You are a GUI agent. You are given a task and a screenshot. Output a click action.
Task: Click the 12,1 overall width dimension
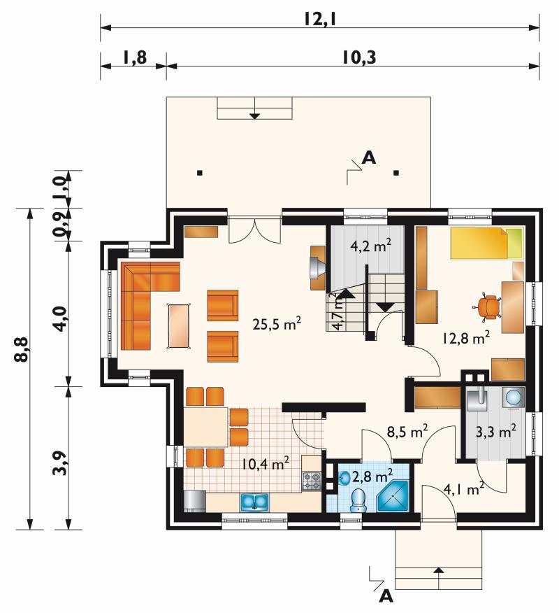320,18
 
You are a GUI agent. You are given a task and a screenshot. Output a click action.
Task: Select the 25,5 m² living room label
277,323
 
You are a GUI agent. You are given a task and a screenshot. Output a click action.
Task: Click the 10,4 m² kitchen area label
266,463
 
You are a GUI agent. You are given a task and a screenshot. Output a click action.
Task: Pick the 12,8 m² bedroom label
467,337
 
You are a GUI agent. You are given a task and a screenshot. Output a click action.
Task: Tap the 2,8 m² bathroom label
372,476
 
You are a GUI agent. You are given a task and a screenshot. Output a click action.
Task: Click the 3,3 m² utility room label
496,431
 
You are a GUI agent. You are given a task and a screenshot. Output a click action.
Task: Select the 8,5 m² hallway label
407,431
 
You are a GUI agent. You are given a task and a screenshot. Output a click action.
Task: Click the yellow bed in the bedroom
486,243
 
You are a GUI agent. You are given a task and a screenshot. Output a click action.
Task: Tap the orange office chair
488,306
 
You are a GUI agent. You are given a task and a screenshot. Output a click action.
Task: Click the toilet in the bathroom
358,500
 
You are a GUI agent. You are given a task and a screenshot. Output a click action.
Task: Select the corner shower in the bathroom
393,495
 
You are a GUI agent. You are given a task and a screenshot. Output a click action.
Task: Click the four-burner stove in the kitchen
312,481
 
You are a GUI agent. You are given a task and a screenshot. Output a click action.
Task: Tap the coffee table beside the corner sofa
180,325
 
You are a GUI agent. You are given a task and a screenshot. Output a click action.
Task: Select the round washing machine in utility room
513,397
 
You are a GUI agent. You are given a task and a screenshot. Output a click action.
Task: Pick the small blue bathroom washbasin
344,478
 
